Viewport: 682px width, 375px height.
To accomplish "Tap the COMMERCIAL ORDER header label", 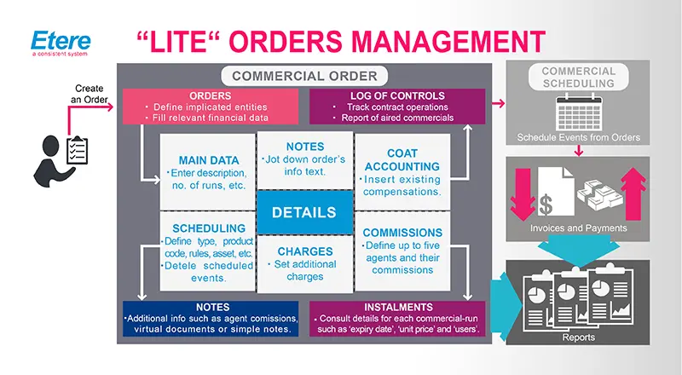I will point(304,75).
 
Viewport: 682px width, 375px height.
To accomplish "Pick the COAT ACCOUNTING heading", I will point(402,160).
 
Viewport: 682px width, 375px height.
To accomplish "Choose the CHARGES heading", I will point(304,251).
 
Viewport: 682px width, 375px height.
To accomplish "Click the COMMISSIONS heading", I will point(402,231).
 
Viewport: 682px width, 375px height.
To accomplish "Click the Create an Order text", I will point(89,95).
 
